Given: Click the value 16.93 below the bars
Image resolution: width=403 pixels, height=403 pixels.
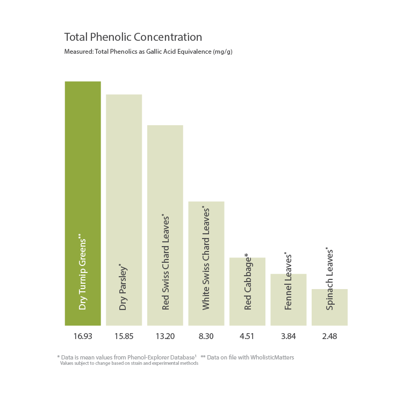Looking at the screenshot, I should click(x=83, y=336).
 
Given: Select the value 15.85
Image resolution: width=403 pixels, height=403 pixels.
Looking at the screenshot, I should click(x=124, y=336).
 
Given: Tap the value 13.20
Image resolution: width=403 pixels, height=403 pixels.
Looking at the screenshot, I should click(x=165, y=336).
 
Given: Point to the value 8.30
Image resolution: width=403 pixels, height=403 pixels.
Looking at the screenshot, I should click(x=206, y=336).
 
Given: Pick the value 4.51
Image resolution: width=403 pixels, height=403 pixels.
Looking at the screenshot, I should click(x=247, y=336).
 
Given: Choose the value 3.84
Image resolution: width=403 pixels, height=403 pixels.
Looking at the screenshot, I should click(x=289, y=336).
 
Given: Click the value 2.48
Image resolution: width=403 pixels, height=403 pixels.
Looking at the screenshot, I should click(x=329, y=336).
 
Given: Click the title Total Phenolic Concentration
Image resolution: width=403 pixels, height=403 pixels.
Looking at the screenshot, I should click(x=133, y=37).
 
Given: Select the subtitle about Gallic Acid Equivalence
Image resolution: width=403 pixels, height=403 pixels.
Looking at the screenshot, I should click(x=148, y=52).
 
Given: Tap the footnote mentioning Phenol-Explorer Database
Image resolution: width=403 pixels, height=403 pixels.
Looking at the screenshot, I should click(x=127, y=357).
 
